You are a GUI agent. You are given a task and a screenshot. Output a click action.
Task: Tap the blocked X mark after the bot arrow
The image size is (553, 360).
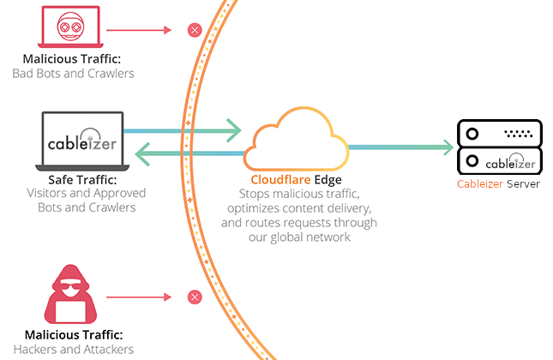pos(195,31)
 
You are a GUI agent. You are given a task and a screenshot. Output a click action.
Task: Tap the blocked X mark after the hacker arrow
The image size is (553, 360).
pos(195,298)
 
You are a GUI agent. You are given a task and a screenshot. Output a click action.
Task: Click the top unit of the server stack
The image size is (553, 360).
pos(500,132)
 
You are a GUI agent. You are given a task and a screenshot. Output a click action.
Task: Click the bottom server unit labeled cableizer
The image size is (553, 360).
pos(500,161)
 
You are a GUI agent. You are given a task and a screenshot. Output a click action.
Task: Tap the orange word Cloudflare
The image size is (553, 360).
pos(273,181)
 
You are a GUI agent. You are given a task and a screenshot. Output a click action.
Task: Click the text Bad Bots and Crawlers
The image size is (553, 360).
pos(73,74)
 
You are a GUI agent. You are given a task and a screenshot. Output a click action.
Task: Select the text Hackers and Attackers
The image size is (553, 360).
pos(73,349)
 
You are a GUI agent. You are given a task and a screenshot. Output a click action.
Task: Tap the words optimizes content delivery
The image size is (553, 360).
pos(296,208)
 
